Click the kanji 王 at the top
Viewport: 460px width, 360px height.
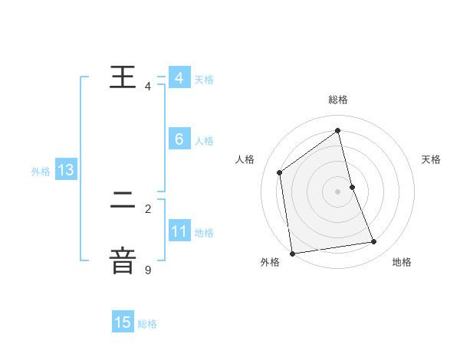[123, 77]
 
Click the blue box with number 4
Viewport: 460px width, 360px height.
[179, 77]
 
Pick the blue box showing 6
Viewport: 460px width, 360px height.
[179, 139]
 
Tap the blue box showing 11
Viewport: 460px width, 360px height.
[179, 231]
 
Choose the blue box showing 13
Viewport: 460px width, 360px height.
[65, 170]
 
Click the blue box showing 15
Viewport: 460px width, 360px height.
[123, 322]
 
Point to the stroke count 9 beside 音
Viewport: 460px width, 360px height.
[148, 270]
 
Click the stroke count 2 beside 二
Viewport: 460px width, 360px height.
[148, 208]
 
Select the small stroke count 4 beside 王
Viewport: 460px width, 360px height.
[148, 87]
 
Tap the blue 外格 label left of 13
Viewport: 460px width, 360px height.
[41, 172]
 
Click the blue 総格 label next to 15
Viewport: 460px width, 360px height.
[147, 324]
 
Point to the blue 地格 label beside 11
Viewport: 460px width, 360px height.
[204, 233]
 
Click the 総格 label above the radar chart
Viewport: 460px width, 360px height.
[338, 100]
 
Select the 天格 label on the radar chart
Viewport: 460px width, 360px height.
[431, 159]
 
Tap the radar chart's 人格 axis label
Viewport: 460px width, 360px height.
[245, 159]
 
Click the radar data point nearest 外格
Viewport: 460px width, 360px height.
[292, 253]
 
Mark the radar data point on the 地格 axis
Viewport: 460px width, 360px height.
[374, 242]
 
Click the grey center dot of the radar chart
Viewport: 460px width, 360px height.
[338, 191]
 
